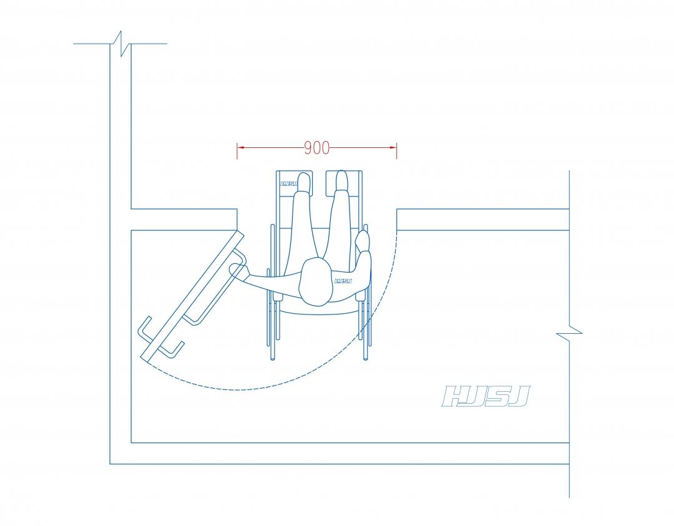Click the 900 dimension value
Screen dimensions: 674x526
click(317, 148)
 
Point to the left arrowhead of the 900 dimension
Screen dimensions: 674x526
click(241, 147)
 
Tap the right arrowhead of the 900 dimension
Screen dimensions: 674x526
click(393, 147)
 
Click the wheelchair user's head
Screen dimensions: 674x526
click(316, 282)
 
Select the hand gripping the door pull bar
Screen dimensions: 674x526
click(238, 270)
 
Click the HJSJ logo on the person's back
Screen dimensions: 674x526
click(343, 281)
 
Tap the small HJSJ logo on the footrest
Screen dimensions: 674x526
click(289, 184)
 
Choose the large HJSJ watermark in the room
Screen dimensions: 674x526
click(486, 396)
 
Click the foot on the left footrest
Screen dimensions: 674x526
click(304, 182)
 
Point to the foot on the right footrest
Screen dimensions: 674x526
click(341, 180)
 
